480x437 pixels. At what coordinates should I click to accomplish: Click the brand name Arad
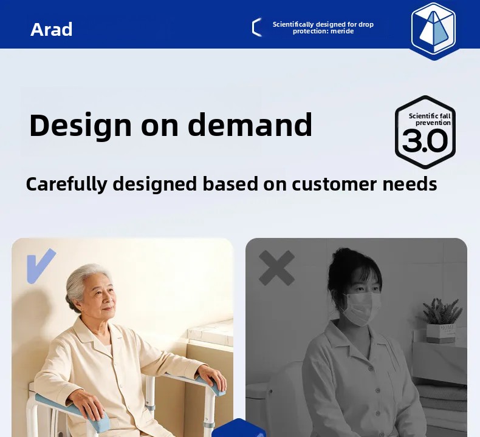point(52,29)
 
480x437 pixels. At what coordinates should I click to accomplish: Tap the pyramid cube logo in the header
point(433,31)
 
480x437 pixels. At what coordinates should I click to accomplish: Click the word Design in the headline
point(80,126)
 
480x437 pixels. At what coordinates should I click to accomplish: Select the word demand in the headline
point(250,124)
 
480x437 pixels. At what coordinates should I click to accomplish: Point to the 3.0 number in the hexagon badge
point(425,140)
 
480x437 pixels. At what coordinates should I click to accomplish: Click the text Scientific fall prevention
point(430,120)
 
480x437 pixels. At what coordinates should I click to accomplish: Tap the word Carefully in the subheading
point(66,185)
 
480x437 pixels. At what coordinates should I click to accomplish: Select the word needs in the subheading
point(410,184)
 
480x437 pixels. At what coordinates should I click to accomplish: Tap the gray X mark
point(276,268)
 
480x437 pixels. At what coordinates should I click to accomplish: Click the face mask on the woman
point(362,308)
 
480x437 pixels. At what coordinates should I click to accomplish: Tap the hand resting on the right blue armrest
point(211,374)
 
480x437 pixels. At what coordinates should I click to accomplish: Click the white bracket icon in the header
point(257,27)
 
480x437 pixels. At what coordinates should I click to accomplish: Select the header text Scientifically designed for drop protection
point(323,28)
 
